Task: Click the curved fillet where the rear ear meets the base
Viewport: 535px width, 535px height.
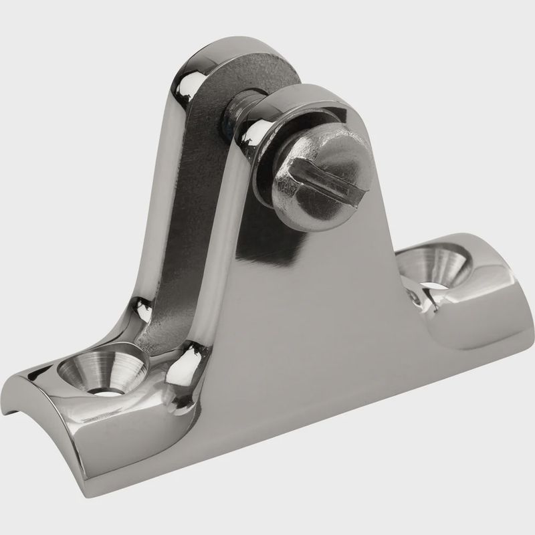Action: click(150, 314)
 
